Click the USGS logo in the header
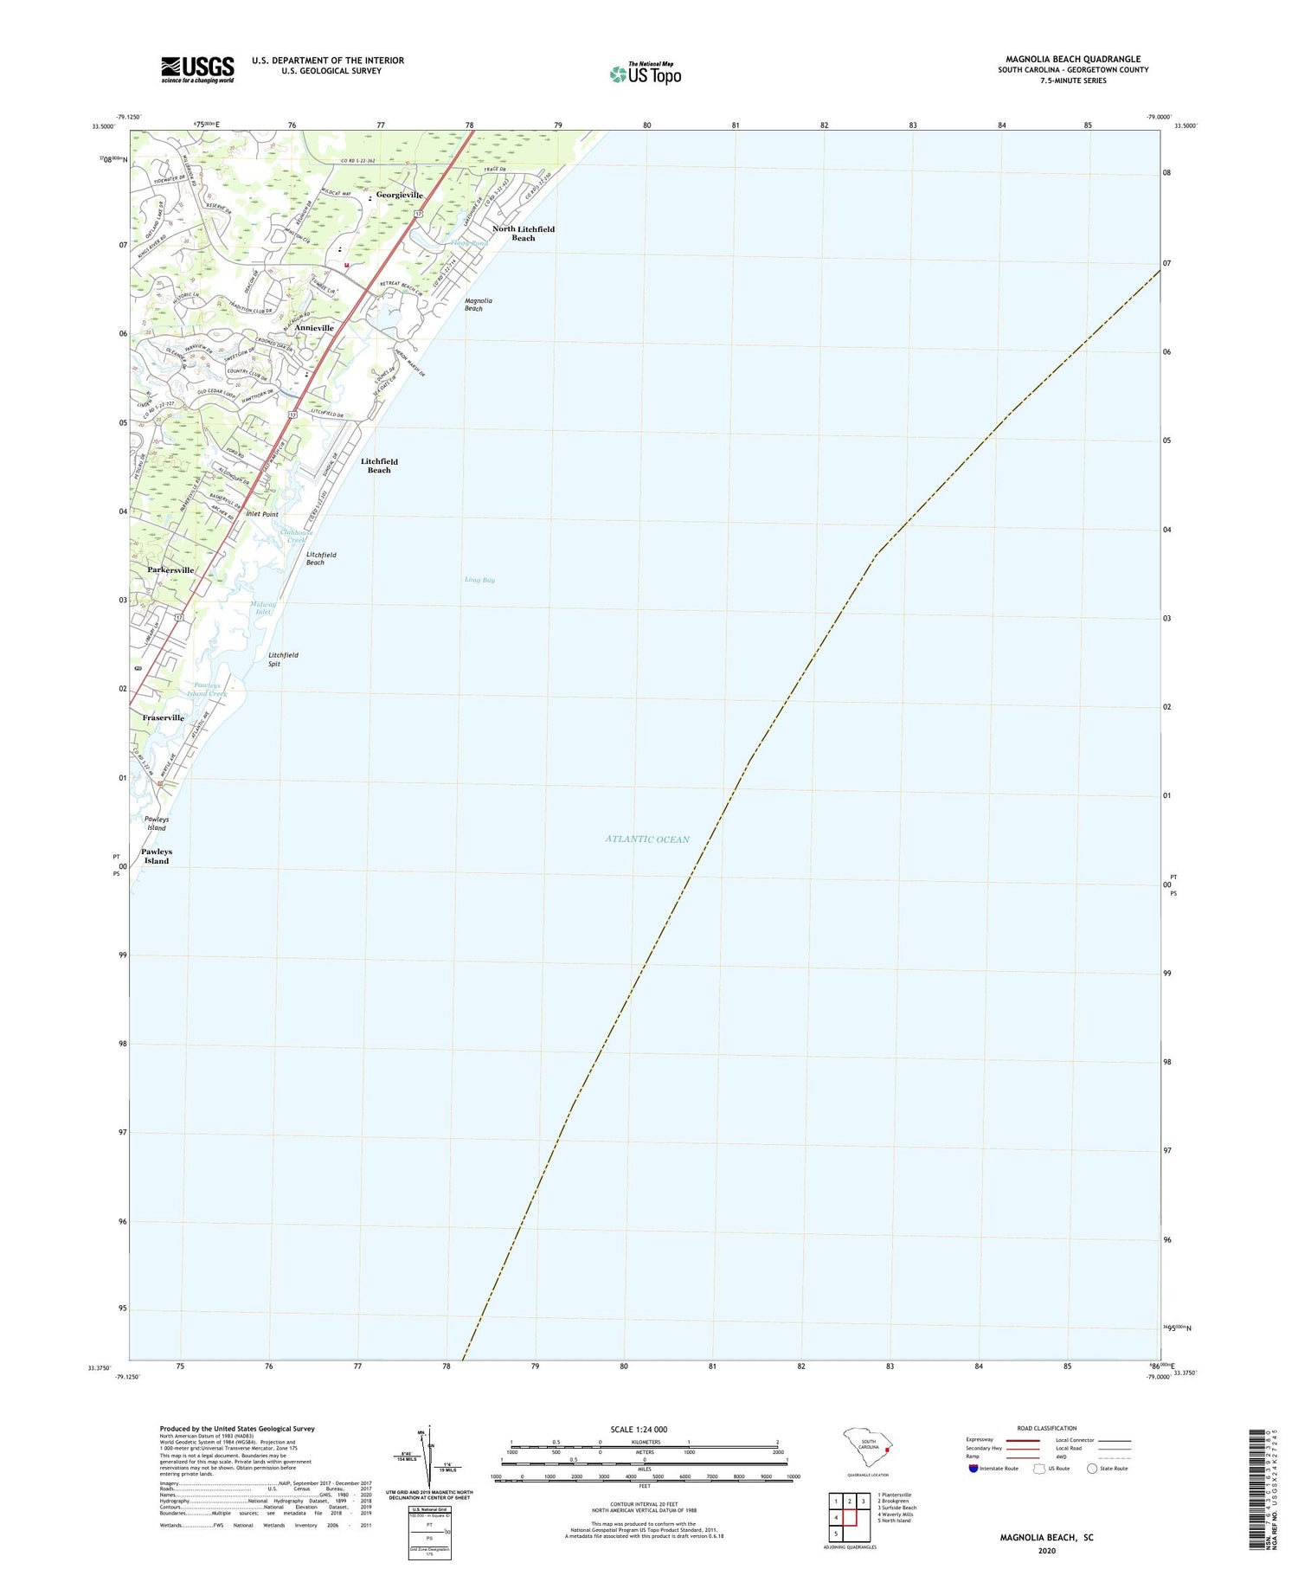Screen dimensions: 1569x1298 click(x=197, y=69)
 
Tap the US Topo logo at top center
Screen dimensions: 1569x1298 click(x=646, y=74)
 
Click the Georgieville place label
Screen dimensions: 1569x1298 click(x=399, y=196)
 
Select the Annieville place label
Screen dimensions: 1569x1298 click(x=314, y=328)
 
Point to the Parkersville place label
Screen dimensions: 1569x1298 click(x=170, y=570)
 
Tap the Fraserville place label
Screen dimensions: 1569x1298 click(x=164, y=717)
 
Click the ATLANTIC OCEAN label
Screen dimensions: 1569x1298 click(x=647, y=839)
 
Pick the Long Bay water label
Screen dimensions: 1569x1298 click(x=479, y=580)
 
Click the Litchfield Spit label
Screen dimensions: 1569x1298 click(x=283, y=659)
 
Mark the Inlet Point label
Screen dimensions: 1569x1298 click(x=262, y=514)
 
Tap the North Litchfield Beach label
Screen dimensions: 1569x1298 click(x=524, y=234)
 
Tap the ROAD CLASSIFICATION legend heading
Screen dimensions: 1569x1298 click(x=1047, y=1428)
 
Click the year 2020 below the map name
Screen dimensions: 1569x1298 click(x=1046, y=1550)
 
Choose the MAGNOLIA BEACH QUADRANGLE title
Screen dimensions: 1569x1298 click(x=1073, y=59)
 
